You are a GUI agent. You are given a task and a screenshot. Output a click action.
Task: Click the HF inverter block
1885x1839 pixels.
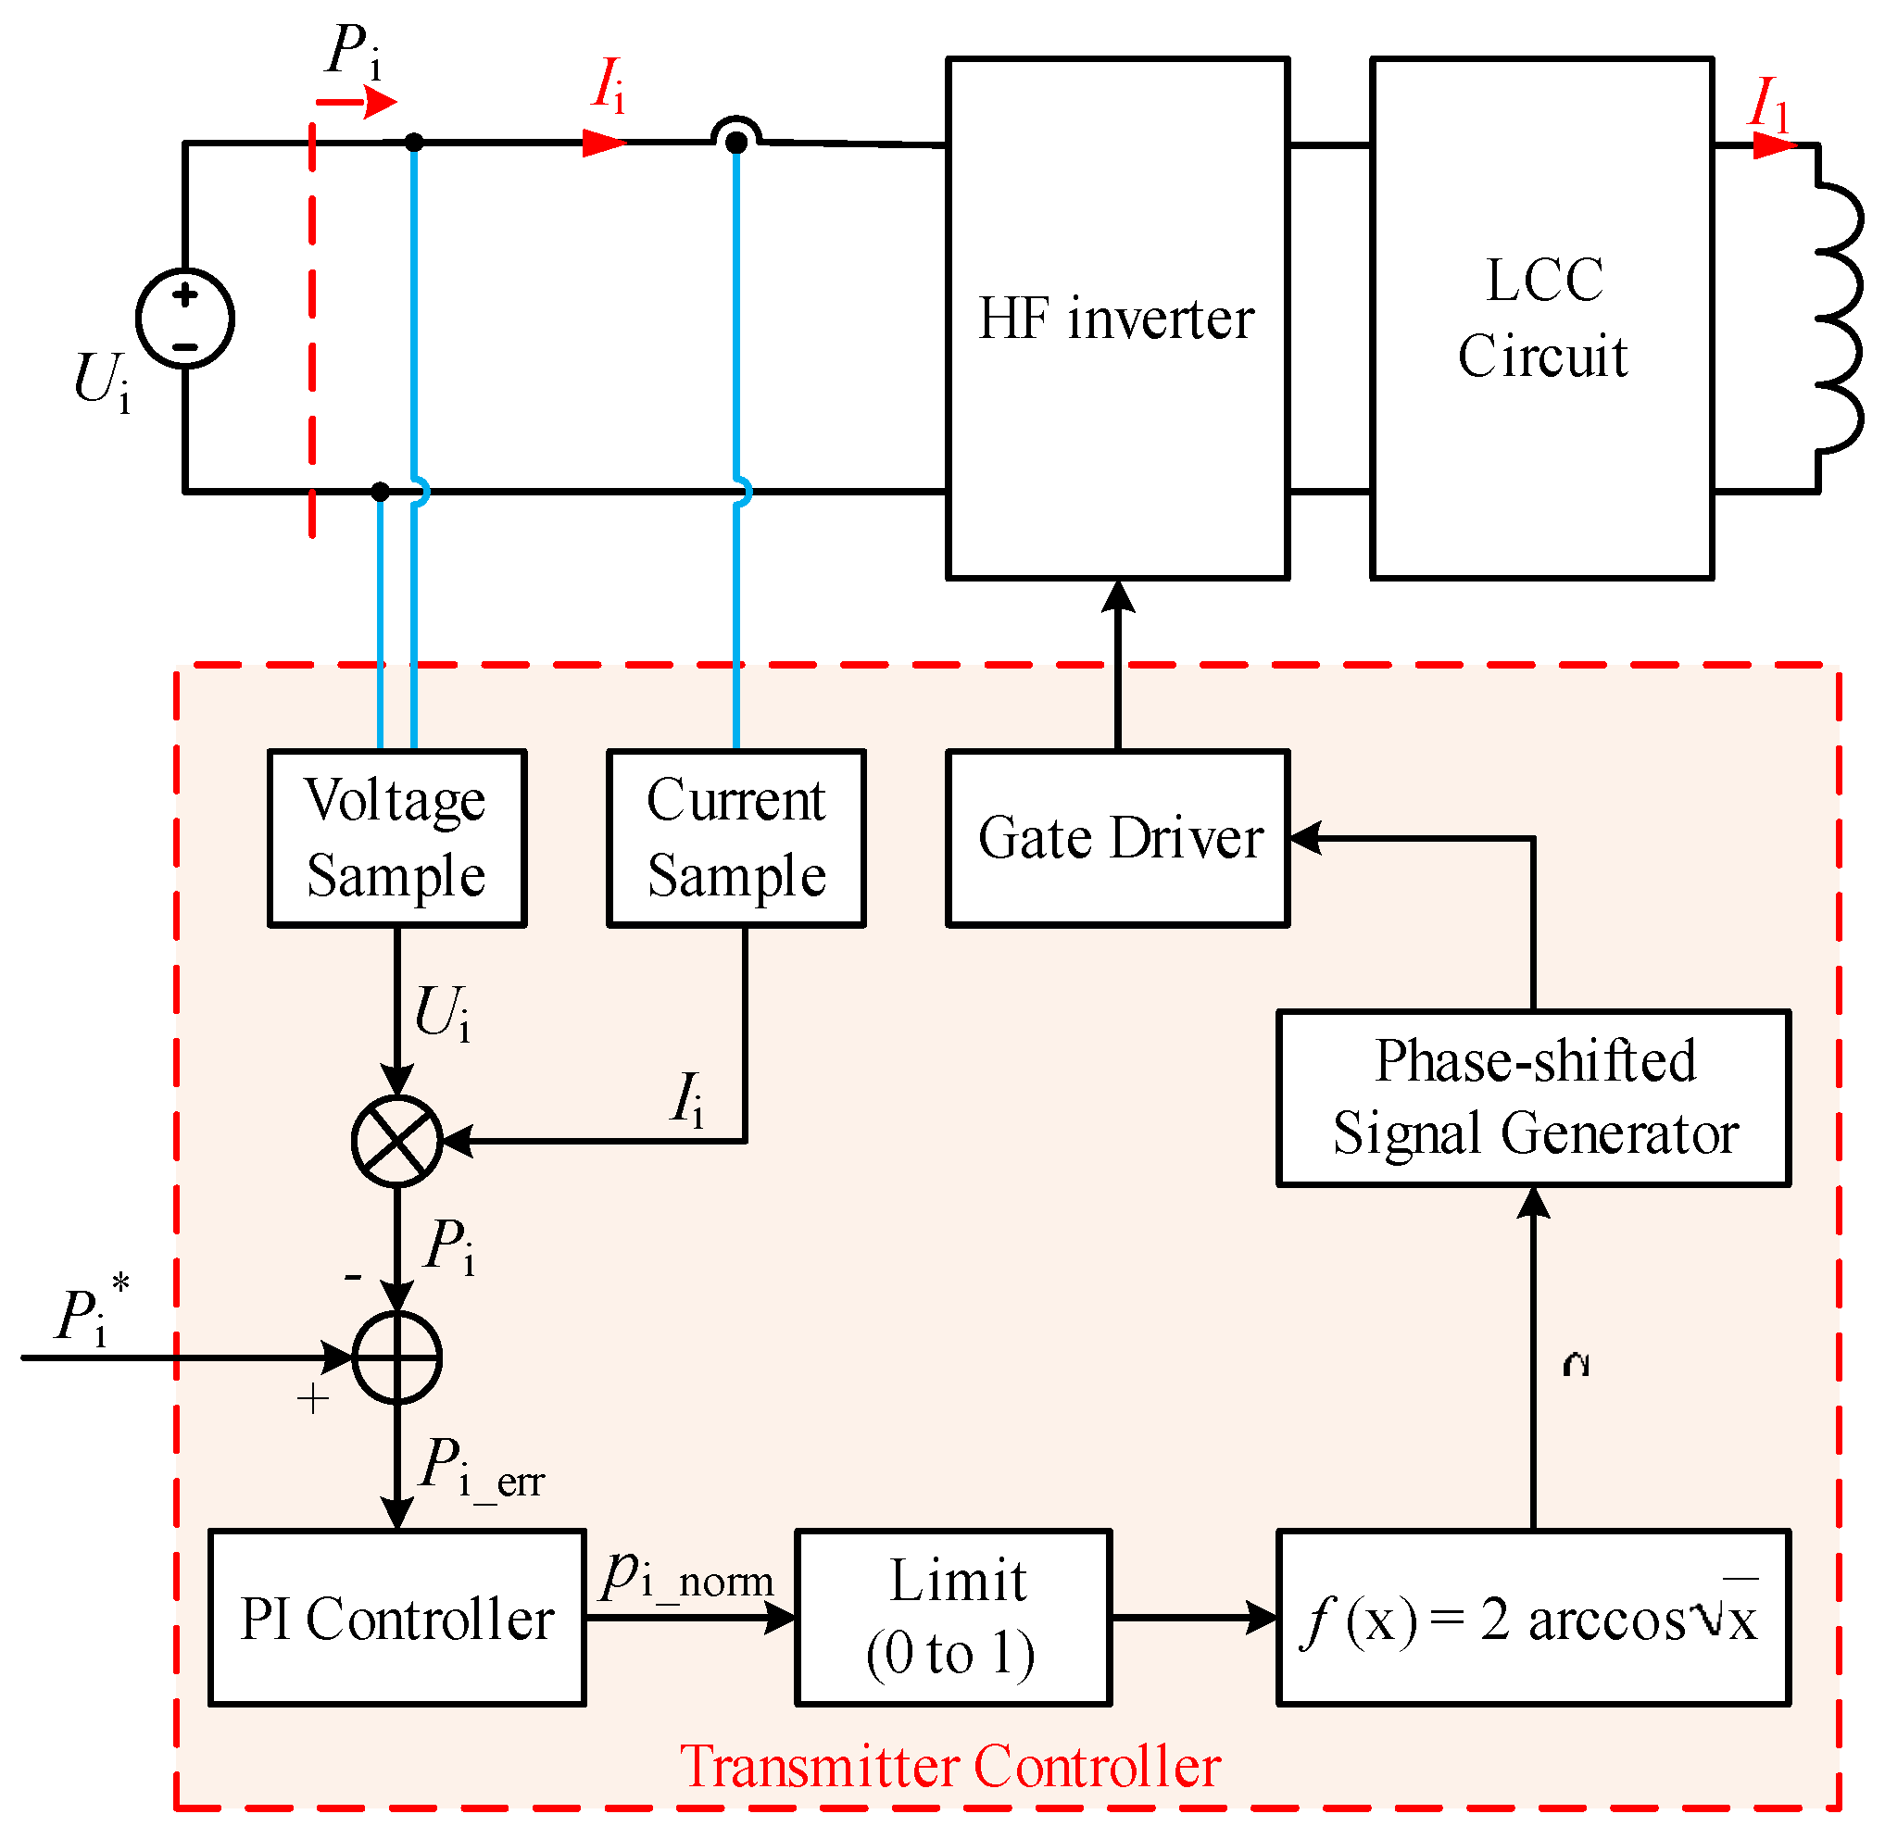(x=1117, y=319)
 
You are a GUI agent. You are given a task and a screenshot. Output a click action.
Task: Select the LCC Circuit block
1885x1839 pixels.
(x=1541, y=319)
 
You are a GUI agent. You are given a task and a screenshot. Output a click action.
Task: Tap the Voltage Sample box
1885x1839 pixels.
(x=397, y=838)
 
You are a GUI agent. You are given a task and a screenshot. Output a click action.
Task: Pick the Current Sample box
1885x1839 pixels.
(x=736, y=838)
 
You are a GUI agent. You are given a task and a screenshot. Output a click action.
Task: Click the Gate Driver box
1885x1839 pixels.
(x=1117, y=838)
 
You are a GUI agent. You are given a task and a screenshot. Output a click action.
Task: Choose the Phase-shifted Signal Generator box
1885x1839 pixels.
(x=1533, y=1098)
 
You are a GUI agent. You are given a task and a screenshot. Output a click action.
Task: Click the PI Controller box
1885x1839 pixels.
(x=397, y=1618)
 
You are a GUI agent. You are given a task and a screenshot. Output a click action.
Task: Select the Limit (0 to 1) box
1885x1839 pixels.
(x=953, y=1618)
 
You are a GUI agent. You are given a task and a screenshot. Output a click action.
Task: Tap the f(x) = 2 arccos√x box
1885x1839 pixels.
(x=1533, y=1618)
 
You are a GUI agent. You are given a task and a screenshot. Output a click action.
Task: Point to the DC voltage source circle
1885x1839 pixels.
(x=185, y=319)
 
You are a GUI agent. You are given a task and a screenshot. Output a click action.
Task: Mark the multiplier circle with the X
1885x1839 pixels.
(x=397, y=1141)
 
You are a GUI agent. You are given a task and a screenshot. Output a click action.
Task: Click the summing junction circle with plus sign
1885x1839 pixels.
(x=397, y=1357)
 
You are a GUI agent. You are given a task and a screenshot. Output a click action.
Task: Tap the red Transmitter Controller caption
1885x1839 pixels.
(x=949, y=1767)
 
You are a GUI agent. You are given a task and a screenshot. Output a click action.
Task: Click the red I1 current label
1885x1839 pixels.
(x=1768, y=105)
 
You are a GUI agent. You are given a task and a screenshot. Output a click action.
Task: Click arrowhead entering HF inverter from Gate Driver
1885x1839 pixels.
(x=1118, y=597)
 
